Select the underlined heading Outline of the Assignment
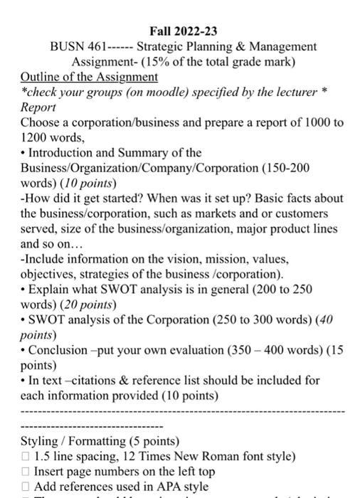point(90,76)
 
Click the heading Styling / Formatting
point(90,440)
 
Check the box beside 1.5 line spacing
point(26,456)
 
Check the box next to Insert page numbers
point(26,471)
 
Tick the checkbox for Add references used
point(26,487)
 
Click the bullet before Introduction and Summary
point(24,153)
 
